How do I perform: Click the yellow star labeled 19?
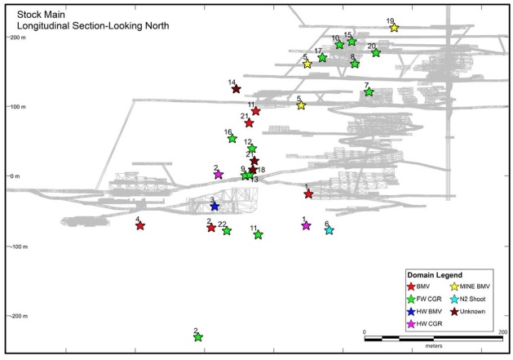point(394,28)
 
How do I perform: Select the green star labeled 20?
point(376,53)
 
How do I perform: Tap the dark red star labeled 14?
point(236,89)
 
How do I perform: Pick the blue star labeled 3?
point(214,207)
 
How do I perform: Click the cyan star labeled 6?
point(329,231)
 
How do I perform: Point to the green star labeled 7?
point(369,92)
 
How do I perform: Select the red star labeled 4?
point(140,226)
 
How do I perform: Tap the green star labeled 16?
point(232,139)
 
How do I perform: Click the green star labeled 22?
point(227,231)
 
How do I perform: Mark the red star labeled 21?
point(249,123)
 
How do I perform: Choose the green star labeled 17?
point(322,58)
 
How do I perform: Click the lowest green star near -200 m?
point(197,337)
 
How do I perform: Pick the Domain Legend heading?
point(437,274)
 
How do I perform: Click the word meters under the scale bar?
point(433,346)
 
